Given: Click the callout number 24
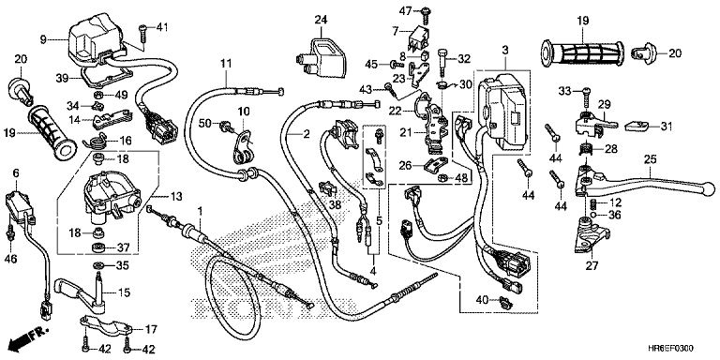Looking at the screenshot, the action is click(x=321, y=20).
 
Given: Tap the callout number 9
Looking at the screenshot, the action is click(x=43, y=40).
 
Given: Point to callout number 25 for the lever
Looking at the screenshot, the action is click(x=650, y=159).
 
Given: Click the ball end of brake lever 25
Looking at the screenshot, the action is click(x=709, y=188).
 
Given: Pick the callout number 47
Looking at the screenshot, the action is click(x=404, y=9).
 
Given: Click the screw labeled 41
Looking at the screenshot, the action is click(x=142, y=35).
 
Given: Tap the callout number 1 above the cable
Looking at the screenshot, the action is click(x=200, y=211).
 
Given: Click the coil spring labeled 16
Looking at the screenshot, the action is click(x=97, y=141).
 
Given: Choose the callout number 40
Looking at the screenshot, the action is click(x=481, y=301).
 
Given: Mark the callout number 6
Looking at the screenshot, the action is click(x=16, y=172).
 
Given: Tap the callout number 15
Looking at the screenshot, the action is click(x=124, y=292).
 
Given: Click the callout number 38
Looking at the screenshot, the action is click(x=336, y=204).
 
